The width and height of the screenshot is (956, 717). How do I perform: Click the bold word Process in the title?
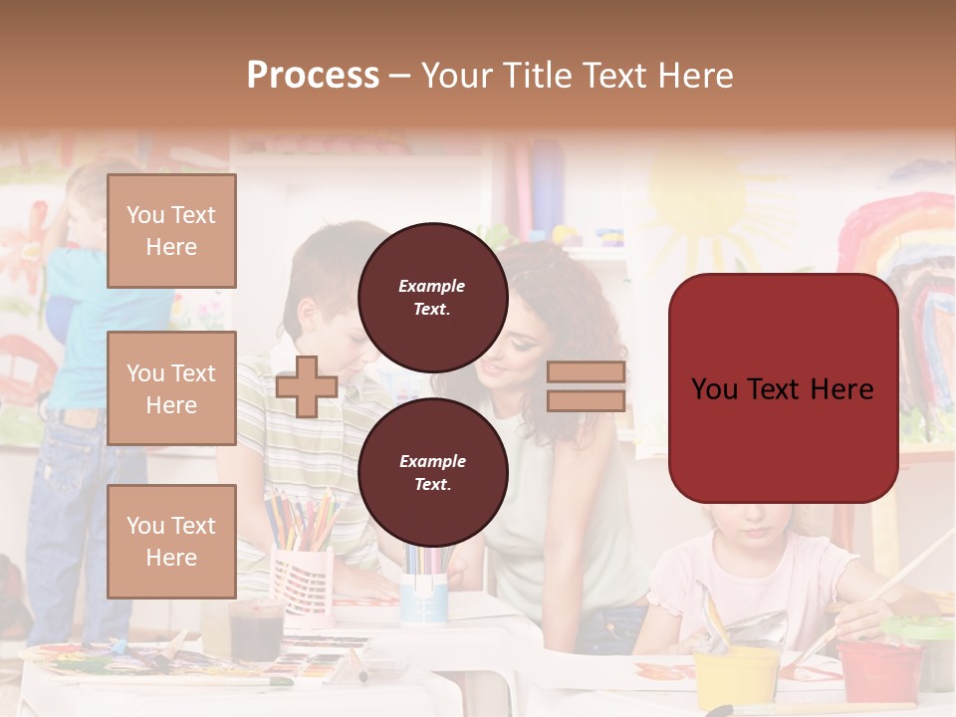coord(313,75)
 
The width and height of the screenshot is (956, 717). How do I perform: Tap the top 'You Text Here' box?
coord(171,231)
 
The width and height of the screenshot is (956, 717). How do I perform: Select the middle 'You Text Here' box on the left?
coord(171,388)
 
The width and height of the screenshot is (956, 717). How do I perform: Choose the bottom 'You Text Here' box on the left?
coord(171,541)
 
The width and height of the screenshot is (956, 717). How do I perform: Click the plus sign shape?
coord(306,386)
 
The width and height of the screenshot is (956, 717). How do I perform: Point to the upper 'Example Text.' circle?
coord(432,297)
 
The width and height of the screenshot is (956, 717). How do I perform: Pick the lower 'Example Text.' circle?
coord(432,472)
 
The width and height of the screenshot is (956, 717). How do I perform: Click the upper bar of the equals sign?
coord(586,372)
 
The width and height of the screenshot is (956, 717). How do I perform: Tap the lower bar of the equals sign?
coord(586,400)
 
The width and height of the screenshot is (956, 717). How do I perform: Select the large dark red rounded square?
coord(783,387)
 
